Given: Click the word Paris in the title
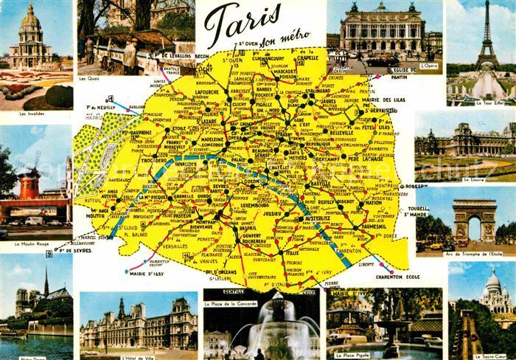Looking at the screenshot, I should tap(241, 24).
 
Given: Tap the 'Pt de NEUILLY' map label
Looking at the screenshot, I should tap(102, 106).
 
